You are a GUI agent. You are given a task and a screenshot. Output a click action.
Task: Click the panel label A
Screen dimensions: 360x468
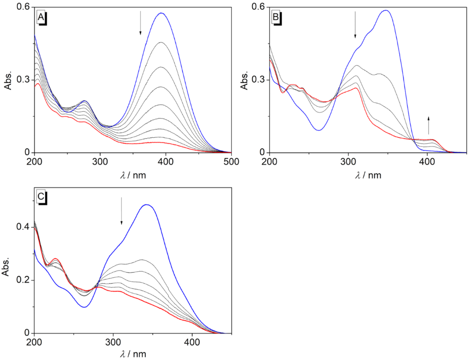pyautogui.click(x=41, y=18)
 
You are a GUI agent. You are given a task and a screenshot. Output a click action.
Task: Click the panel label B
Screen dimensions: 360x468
pyautogui.click(x=276, y=18)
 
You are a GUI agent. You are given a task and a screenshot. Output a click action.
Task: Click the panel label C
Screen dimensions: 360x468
pyautogui.click(x=41, y=198)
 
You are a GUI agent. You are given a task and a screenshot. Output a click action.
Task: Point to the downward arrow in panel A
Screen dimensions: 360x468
pyautogui.click(x=140, y=23)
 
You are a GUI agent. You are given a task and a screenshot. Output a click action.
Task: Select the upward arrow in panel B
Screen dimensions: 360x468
pyautogui.click(x=429, y=125)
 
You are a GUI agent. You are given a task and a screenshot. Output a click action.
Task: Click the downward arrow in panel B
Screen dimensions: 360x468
pyautogui.click(x=355, y=25)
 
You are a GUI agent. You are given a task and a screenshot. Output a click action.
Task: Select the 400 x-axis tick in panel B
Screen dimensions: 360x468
pyautogui.click(x=427, y=161)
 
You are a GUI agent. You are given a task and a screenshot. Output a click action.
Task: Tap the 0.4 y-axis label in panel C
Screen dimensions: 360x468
pyautogui.click(x=23, y=227)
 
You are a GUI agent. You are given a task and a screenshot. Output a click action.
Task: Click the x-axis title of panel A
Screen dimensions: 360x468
pyautogui.click(x=133, y=175)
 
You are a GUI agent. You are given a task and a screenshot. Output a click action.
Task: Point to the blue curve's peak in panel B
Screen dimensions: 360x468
pyautogui.click(x=387, y=10)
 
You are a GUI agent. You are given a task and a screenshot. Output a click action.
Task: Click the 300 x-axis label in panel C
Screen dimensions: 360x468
pyautogui.click(x=113, y=342)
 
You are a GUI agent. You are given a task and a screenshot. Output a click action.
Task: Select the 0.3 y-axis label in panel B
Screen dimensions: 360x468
pyautogui.click(x=259, y=80)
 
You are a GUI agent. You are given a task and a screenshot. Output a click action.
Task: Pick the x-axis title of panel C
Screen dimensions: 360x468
pyautogui.click(x=133, y=355)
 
